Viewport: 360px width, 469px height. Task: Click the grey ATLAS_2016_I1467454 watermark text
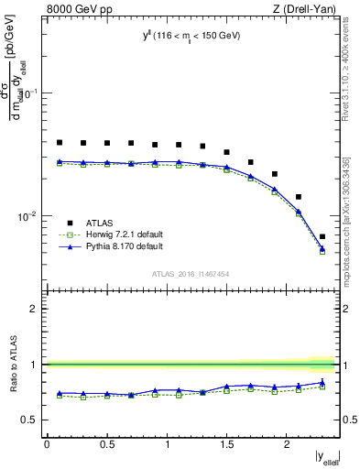191,273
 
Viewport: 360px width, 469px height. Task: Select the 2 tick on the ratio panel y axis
33,309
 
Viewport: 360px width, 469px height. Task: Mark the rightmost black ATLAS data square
322,236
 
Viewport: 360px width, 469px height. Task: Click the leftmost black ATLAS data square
60,142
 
